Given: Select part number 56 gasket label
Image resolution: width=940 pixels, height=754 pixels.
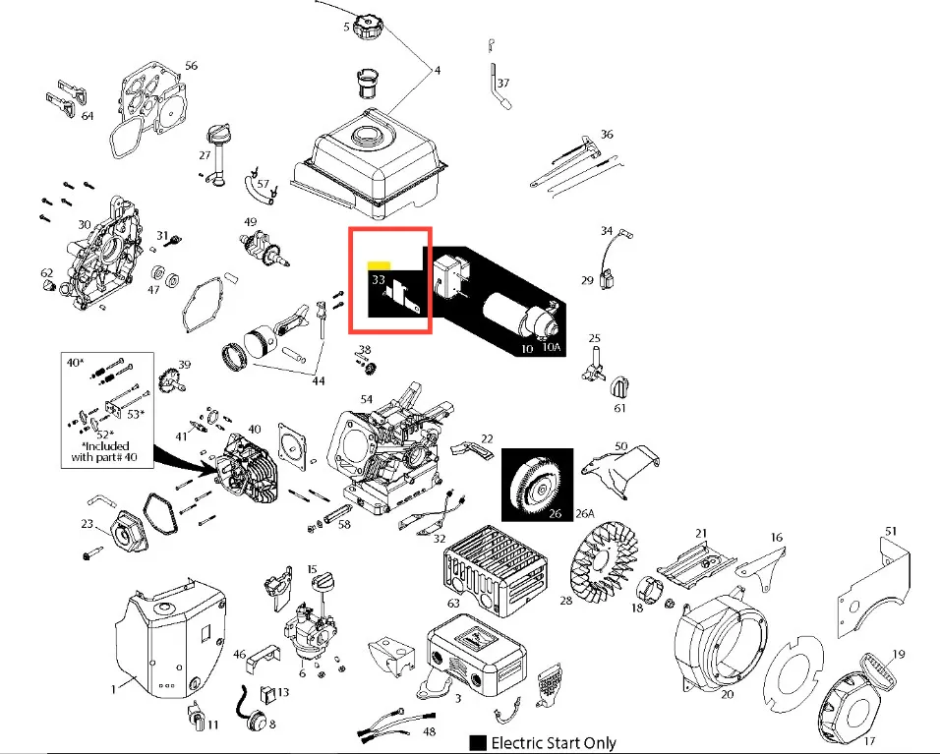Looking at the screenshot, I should point(191,66).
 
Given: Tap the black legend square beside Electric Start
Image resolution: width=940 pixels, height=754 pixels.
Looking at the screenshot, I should point(478,742).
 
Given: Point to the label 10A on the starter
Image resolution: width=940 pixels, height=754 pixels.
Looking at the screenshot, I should point(553,348).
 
